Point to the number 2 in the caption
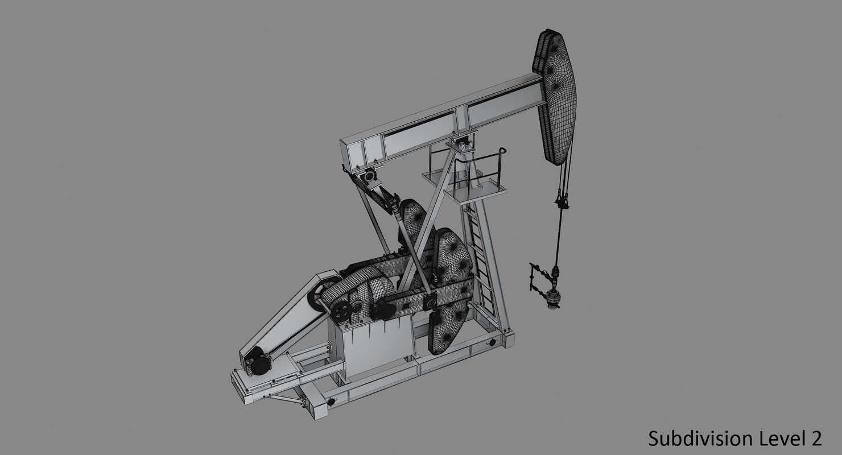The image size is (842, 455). pos(816,438)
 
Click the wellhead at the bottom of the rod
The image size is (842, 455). pos(552,299)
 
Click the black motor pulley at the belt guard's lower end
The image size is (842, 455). pos(261,365)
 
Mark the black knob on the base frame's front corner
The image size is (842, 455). pos(331,402)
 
